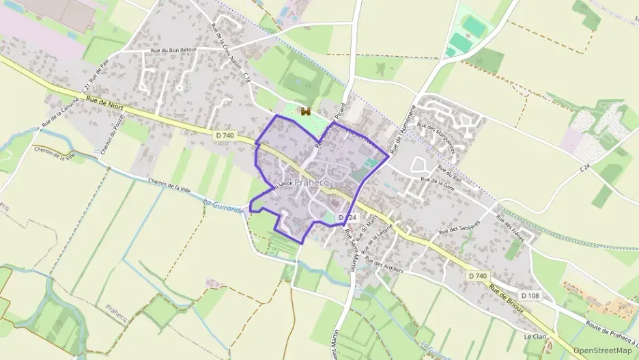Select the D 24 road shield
coord(347,217)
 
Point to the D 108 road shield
coord(529,295)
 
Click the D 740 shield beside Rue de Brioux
coord(478,275)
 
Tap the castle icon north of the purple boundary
coord(306,111)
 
